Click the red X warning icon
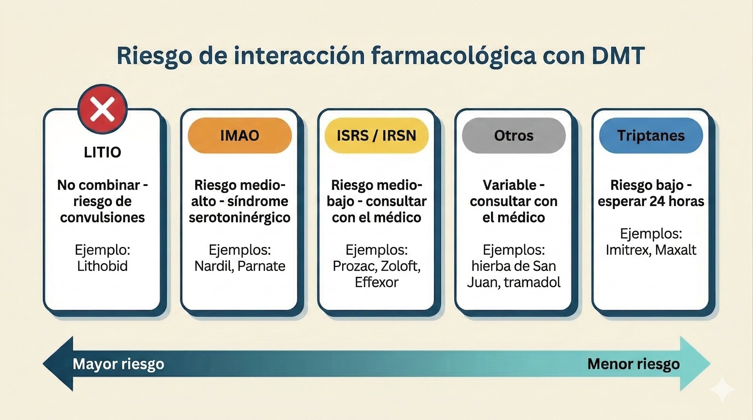point(102,109)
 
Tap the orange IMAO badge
point(240,135)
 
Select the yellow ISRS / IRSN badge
point(376,135)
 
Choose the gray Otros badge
point(513,135)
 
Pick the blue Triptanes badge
point(651,135)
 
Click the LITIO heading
point(102,152)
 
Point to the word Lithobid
point(102,266)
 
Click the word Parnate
point(261,266)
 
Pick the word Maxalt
point(676,250)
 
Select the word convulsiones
point(102,217)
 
